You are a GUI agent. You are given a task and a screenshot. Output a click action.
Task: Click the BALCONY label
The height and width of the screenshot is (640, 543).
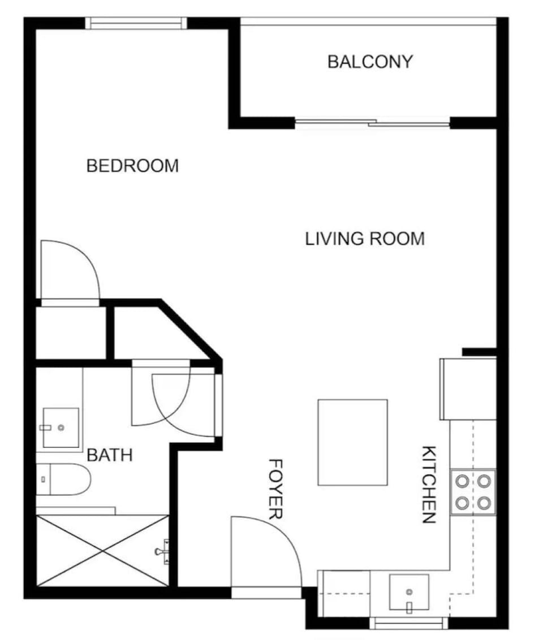[370, 62]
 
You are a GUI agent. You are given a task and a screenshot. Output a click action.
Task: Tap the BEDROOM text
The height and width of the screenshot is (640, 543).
[132, 166]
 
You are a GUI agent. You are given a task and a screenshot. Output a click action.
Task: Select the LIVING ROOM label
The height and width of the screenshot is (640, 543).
[365, 239]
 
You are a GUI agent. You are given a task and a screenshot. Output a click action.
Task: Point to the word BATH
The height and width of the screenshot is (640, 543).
[110, 455]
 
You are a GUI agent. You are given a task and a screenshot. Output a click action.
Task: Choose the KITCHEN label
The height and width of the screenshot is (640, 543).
[429, 485]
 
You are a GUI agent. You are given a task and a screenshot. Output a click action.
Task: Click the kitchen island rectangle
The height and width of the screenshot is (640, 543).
[352, 442]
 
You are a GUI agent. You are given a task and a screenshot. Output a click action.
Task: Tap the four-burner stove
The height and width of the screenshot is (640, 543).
[473, 491]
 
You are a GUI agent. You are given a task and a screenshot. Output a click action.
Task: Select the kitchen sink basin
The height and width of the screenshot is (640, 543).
[408, 592]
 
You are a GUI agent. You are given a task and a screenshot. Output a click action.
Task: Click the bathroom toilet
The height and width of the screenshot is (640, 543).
[63, 479]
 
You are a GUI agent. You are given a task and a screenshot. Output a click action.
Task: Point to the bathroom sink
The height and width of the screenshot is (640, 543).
[61, 428]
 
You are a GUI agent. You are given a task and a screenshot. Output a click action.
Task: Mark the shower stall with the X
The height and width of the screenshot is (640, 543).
[102, 550]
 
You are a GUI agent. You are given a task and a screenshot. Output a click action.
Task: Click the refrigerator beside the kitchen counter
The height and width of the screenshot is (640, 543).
[468, 389]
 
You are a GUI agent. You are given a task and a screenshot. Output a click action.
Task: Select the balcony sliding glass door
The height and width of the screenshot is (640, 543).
[372, 122]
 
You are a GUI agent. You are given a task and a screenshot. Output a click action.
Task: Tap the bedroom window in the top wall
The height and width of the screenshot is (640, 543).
[136, 23]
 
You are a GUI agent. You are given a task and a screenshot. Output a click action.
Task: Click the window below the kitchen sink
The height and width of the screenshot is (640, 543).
[408, 624]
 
